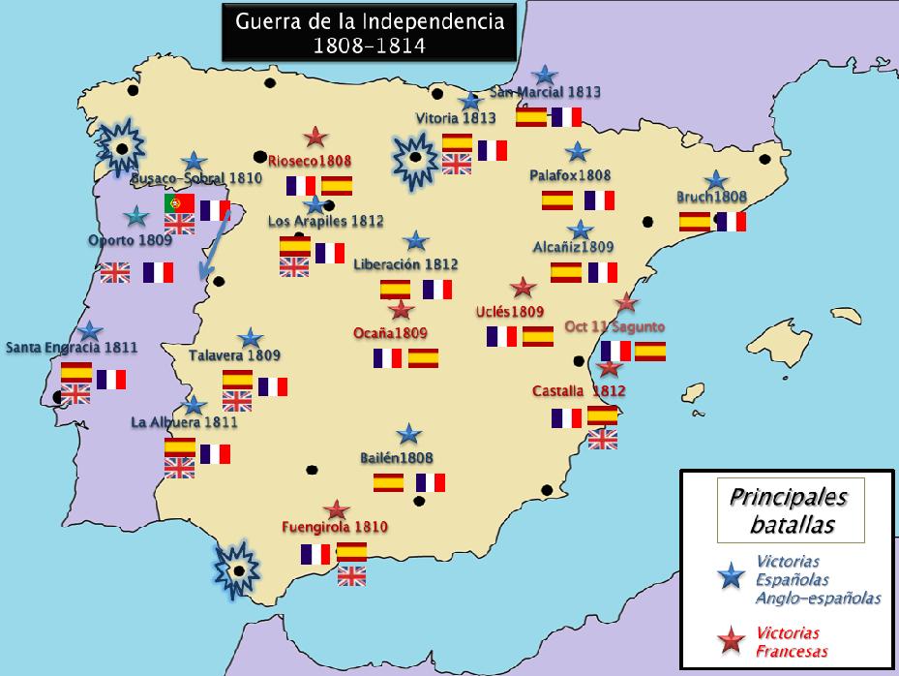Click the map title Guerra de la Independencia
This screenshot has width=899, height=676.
tap(363, 32)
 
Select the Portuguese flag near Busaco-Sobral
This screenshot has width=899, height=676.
tap(179, 203)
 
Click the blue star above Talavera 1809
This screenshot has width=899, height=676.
tap(251, 338)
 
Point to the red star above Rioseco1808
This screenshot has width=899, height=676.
tap(315, 138)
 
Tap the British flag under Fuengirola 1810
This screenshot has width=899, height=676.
tap(351, 575)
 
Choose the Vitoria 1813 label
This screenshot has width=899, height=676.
tap(455, 118)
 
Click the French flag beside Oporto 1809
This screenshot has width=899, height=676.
tap(158, 272)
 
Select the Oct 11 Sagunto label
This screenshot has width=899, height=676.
tap(614, 326)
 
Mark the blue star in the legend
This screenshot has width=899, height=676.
tap(731, 577)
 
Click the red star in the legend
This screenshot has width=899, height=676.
tap(731, 636)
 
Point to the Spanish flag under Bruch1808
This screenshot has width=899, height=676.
tap(695, 221)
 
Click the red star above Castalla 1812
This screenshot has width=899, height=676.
tap(609, 368)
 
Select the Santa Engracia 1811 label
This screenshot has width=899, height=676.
tap(72, 347)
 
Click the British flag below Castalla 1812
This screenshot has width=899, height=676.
tap(602, 440)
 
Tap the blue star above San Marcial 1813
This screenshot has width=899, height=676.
tap(546, 75)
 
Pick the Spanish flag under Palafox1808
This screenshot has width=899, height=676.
tap(557, 200)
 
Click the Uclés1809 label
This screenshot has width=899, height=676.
tap(511, 312)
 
